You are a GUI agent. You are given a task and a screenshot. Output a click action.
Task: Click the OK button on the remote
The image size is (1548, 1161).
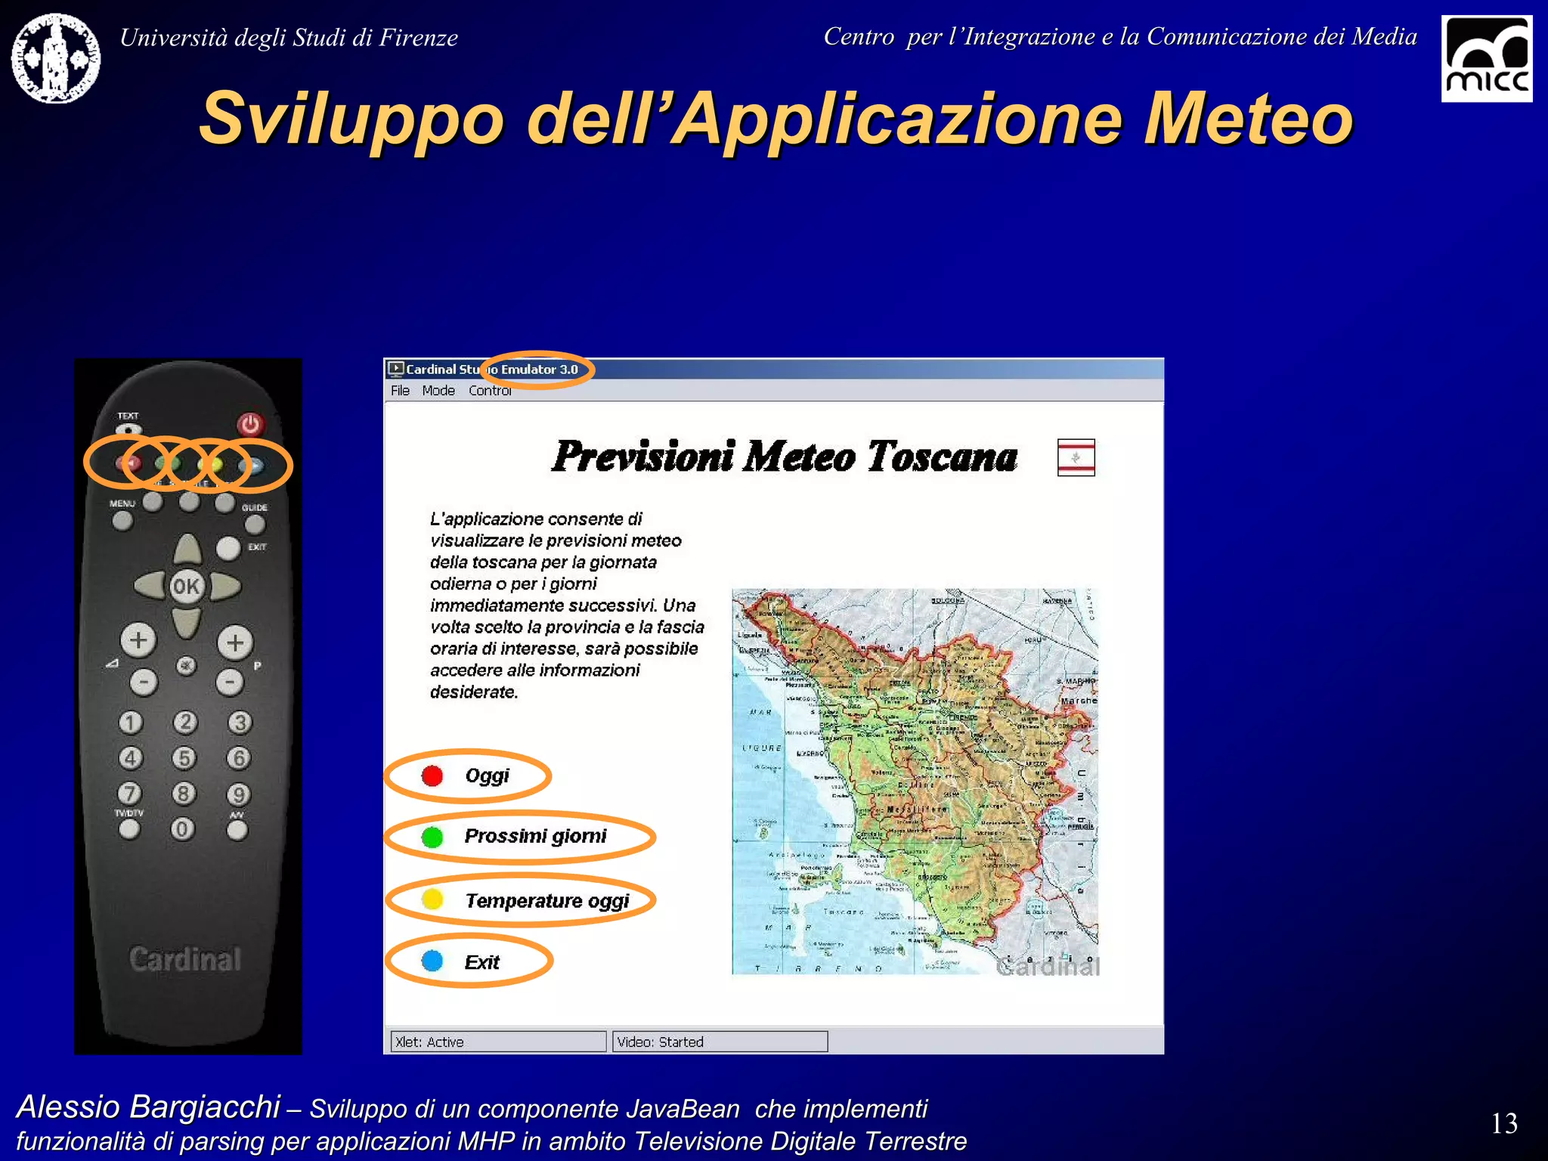[x=187, y=587]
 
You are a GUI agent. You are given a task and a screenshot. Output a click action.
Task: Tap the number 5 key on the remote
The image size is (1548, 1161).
[x=184, y=757]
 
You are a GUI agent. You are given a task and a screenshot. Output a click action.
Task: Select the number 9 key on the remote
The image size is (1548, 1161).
[x=239, y=794]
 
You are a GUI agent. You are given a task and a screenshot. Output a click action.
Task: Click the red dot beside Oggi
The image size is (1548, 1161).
[x=432, y=776]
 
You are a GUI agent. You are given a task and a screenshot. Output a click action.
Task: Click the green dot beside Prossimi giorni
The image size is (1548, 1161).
[x=432, y=837]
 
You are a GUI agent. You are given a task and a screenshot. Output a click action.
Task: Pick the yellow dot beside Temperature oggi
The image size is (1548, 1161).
[x=432, y=899]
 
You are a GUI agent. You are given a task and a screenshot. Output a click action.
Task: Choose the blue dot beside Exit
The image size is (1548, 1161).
[x=432, y=961]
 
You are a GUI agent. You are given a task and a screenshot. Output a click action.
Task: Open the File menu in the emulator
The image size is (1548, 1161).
[x=400, y=391]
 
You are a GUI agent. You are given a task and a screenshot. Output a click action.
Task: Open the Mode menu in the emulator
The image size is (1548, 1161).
[x=438, y=391]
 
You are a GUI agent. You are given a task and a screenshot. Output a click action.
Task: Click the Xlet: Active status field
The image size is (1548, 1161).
[x=498, y=1042]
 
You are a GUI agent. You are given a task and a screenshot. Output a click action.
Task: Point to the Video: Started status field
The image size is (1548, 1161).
[x=720, y=1042]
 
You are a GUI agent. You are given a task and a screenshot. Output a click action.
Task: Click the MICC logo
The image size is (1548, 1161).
[x=1486, y=59]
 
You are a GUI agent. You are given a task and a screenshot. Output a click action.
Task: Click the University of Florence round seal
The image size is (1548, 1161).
[x=56, y=58]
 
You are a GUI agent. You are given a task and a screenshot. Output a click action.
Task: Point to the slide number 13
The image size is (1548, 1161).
[x=1504, y=1123]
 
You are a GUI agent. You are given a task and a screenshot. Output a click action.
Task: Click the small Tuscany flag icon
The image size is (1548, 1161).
[x=1076, y=457]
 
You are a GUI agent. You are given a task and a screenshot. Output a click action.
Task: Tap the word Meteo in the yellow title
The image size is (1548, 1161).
[x=1247, y=119]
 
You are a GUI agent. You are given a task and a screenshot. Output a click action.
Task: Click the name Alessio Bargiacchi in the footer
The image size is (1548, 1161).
[x=148, y=1107]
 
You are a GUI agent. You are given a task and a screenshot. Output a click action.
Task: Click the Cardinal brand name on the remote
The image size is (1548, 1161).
[x=185, y=959]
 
